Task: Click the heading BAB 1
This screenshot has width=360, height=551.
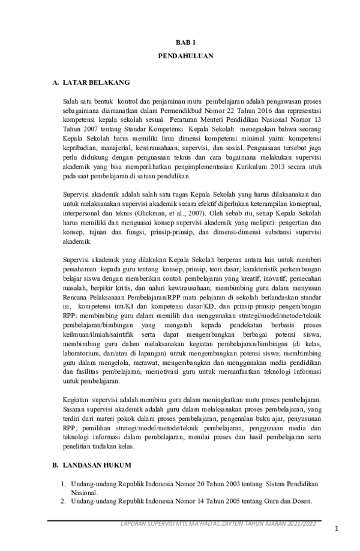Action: [185, 44]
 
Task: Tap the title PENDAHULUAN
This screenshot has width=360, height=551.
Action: [185, 58]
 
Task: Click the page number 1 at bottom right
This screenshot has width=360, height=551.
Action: [337, 529]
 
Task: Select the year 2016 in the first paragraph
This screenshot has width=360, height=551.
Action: [260, 112]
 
